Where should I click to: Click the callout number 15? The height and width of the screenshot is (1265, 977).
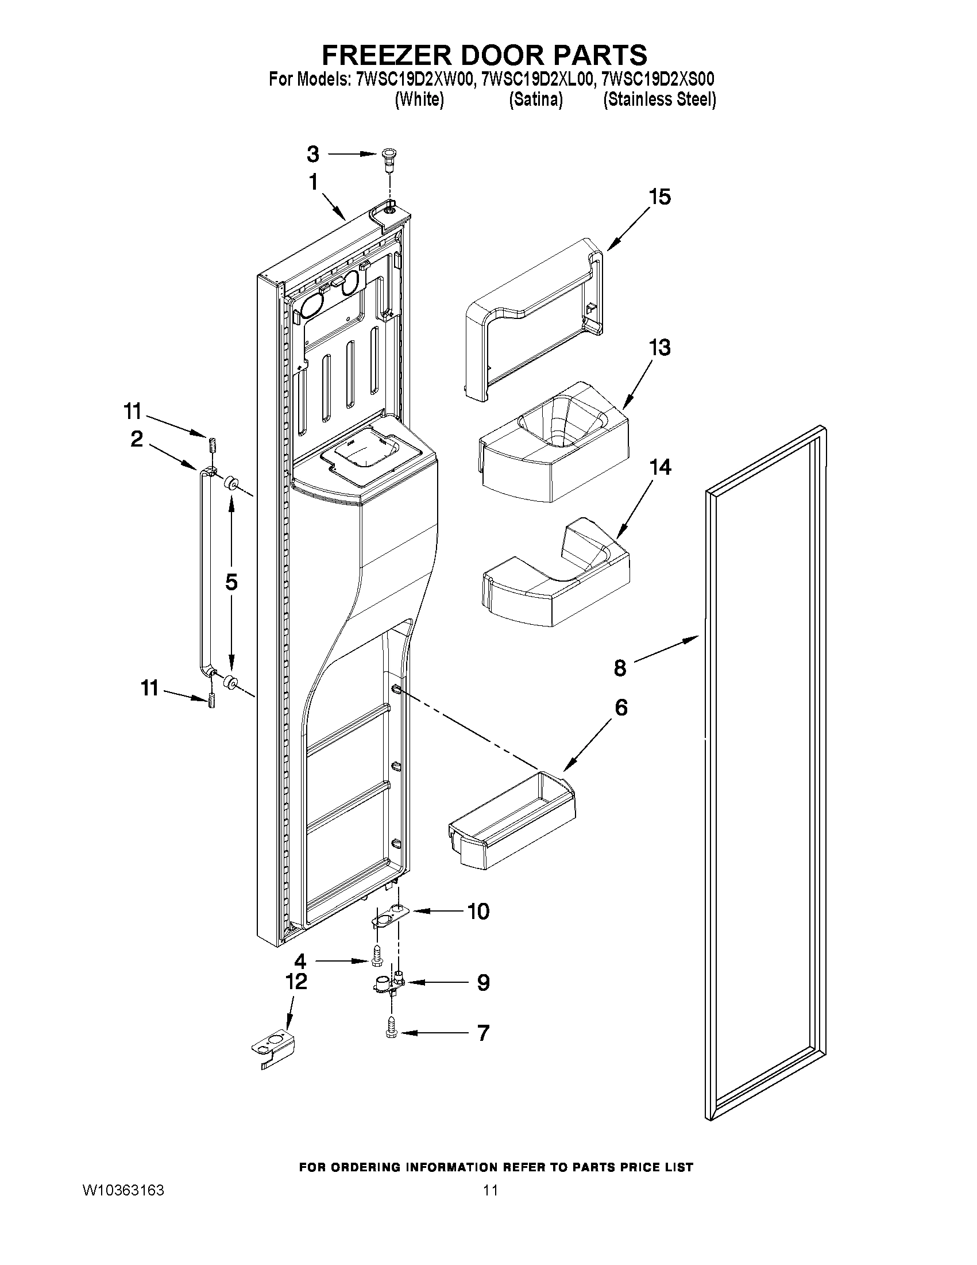click(x=659, y=197)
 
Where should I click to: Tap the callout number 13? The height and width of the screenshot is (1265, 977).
click(x=659, y=348)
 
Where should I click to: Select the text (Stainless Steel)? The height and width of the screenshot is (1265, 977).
click(x=659, y=99)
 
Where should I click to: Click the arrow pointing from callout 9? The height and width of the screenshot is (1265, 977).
click(x=434, y=982)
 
